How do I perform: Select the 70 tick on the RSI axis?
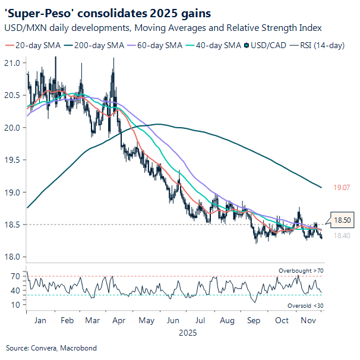15,276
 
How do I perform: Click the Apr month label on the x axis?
119,321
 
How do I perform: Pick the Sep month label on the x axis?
252,321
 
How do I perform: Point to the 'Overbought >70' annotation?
301,271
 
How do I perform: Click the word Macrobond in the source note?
79,348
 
